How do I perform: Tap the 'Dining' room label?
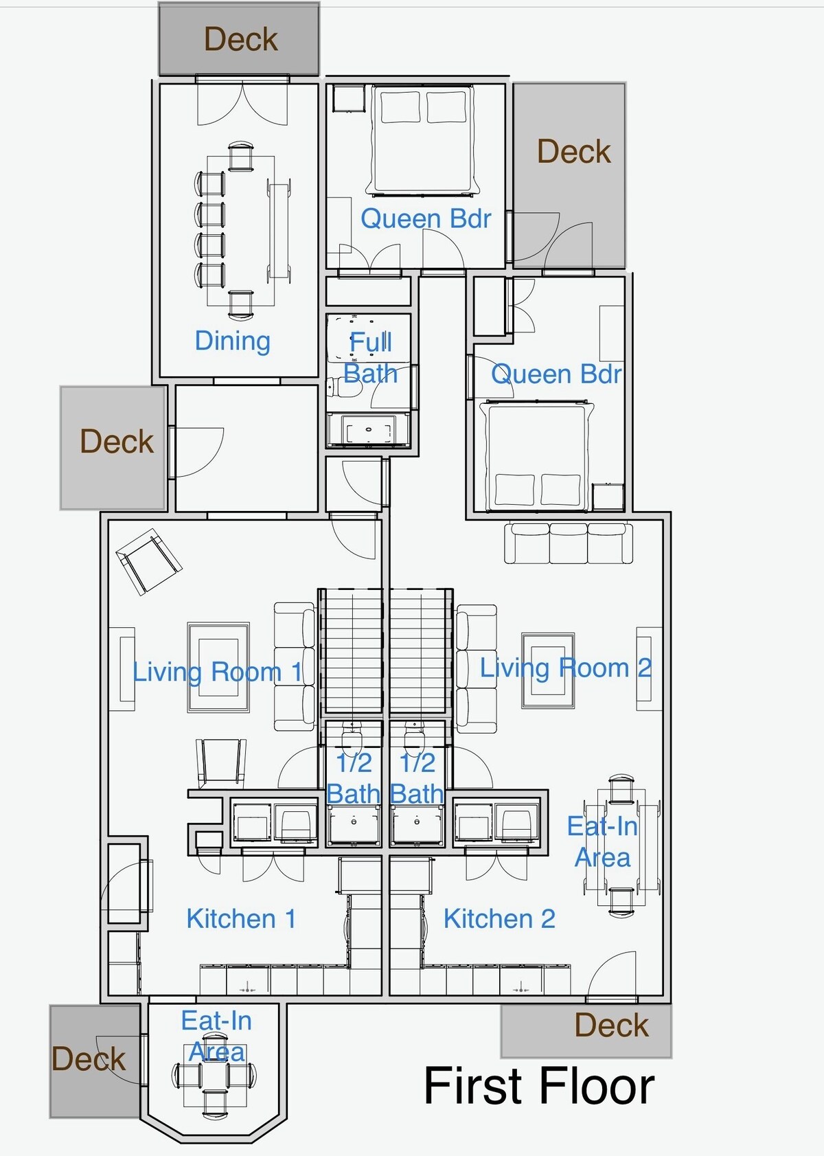click(x=232, y=341)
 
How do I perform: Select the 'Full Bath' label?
click(x=371, y=358)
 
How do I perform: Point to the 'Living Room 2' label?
click(x=566, y=668)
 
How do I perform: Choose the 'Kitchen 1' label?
click(x=241, y=918)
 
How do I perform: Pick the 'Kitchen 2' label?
click(x=499, y=918)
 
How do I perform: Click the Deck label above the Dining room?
click(x=240, y=39)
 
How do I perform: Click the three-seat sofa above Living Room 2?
click(x=569, y=543)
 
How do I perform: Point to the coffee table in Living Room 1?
click(x=218, y=667)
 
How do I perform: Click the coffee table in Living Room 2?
click(x=547, y=670)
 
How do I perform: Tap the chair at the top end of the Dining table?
click(x=240, y=156)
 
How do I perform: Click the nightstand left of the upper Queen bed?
click(x=349, y=99)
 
